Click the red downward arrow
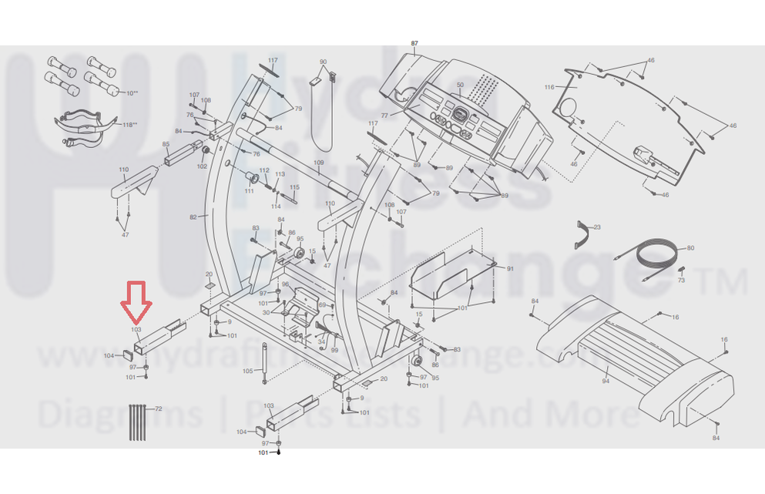[x=136, y=302]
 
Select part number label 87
[x=414, y=43]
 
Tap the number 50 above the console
[x=461, y=85]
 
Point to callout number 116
[x=549, y=87]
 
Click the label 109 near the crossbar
[x=319, y=163]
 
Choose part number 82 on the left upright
[x=194, y=217]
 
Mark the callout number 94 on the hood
[x=606, y=381]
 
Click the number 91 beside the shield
[x=509, y=268]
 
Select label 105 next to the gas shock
[x=247, y=371]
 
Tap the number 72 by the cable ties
[x=159, y=408]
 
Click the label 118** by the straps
[x=129, y=124]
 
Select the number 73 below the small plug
[x=680, y=281]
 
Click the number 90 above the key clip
[x=323, y=62]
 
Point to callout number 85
[x=166, y=145]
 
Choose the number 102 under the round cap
[x=203, y=166]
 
